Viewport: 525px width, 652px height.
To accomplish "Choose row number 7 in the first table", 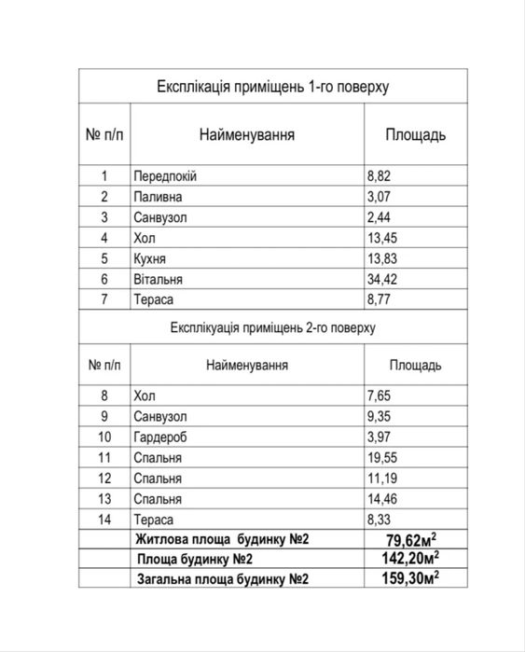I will [105, 299].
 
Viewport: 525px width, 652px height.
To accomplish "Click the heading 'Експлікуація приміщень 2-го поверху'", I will [273, 328].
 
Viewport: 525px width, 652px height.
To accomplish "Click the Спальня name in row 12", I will [158, 479].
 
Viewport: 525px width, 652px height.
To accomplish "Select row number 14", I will [104, 520].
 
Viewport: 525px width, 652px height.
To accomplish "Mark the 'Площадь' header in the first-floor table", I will [416, 135].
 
